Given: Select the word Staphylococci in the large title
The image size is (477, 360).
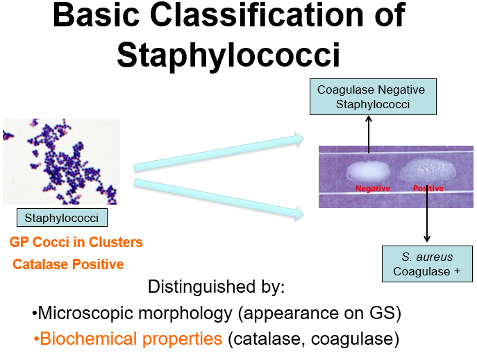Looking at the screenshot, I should click(x=229, y=55).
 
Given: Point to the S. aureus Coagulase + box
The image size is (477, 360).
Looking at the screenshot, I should click(x=426, y=264).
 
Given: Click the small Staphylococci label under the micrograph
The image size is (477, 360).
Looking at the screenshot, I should click(x=62, y=218).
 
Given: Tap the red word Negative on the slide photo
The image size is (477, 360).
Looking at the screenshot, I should click(x=373, y=189).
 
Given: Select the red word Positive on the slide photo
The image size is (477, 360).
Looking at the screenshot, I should click(x=428, y=189).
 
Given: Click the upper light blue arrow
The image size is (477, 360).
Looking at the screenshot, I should click(x=219, y=154).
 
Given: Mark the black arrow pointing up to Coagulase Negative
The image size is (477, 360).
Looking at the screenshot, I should click(x=368, y=135).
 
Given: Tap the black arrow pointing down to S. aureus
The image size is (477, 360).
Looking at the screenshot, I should click(x=426, y=218).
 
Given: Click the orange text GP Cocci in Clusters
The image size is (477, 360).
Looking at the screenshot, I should click(x=76, y=243).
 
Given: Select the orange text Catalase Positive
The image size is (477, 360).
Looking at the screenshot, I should click(x=68, y=264).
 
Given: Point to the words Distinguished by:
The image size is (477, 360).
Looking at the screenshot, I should click(x=217, y=286).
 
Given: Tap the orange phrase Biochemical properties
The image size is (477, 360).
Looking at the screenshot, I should click(x=131, y=339).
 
